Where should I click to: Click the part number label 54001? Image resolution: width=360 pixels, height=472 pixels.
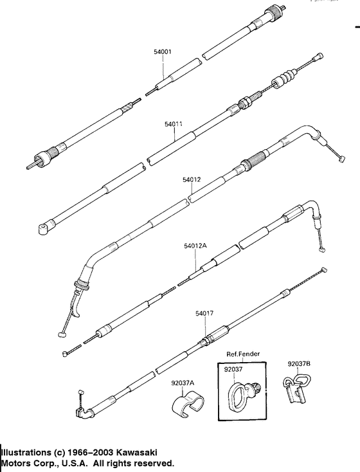(163, 51)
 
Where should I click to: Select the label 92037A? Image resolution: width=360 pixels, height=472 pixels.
(183, 383)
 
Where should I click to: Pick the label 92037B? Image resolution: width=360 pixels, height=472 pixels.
(299, 364)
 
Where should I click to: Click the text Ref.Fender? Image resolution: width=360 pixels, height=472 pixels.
(241, 354)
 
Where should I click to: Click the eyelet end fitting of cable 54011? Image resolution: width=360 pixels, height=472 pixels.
(44, 227)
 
